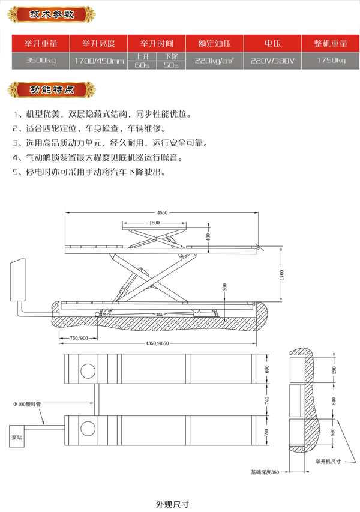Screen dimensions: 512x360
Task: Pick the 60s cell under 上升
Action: coord(143,65)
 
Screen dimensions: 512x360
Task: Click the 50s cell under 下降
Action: coord(170,65)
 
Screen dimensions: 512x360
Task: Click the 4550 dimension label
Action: coord(162,212)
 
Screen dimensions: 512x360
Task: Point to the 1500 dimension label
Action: coord(155,223)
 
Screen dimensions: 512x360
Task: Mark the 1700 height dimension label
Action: coord(281,274)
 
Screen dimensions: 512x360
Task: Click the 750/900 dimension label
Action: coord(79,338)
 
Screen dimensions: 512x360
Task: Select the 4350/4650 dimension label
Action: coord(157,343)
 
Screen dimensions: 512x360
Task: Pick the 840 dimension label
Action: coord(334,402)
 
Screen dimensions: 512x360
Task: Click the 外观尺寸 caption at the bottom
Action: coord(173,504)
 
